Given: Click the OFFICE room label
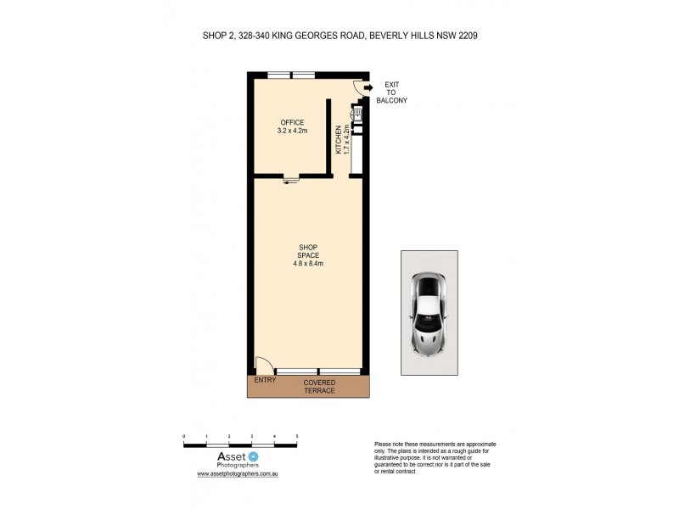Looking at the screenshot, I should point(292,122).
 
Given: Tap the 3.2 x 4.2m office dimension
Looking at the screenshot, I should point(292,131).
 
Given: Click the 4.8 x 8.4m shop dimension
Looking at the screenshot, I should point(307,263).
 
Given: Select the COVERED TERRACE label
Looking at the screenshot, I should point(320,387).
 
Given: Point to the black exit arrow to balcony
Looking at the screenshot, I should point(368,87).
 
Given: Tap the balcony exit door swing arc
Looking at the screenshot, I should point(358,85).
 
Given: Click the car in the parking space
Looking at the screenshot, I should point(430,312).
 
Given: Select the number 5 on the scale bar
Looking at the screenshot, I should point(297,436).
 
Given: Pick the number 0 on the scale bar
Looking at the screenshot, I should point(184,436).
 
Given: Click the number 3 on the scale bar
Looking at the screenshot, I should point(252,436).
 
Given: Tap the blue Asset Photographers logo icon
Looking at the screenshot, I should point(252,456).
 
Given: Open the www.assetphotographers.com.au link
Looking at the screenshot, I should point(238,474).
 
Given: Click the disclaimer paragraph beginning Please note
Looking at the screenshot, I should point(435,457).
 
